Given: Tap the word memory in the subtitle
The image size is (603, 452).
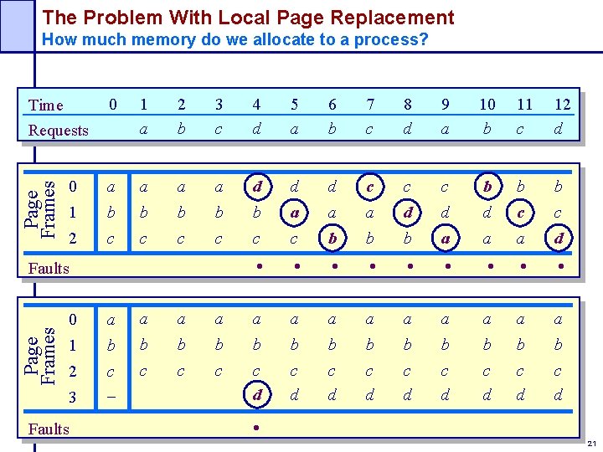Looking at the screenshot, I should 173,39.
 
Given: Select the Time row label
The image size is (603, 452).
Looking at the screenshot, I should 45,105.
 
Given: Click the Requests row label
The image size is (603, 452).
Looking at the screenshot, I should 58,130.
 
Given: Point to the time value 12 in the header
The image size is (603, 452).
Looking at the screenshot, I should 563,105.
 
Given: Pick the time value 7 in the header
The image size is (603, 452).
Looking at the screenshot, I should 369,105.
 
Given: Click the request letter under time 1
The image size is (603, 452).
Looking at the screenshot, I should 144,129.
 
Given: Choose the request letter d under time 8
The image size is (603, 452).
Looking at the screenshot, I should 407,129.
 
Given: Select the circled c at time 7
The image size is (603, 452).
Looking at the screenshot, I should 369,186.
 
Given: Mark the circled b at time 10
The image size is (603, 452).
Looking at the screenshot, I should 487,186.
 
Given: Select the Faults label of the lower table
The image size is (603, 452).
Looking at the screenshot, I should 49,429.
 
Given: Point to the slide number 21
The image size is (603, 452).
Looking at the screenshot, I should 592,443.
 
